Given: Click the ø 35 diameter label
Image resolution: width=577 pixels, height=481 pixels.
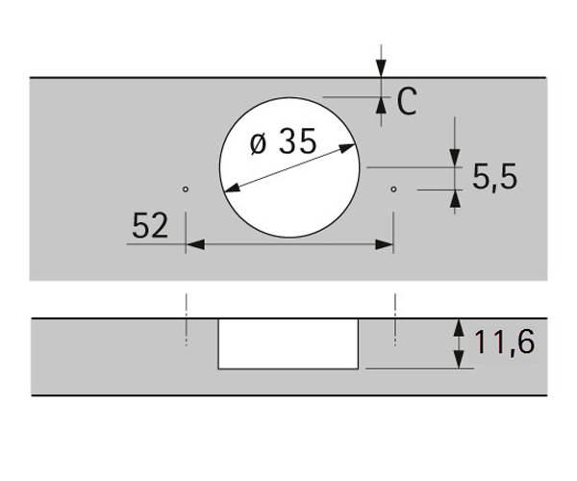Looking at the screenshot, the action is coord(283,141).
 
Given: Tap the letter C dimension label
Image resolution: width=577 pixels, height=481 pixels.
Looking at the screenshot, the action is coord(407,101).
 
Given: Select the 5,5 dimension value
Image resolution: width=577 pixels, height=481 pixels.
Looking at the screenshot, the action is coord(495,177).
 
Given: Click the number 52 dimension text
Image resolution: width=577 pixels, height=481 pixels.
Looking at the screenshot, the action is coord(150,226).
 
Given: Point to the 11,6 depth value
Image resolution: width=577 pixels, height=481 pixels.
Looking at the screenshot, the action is coord(505,342).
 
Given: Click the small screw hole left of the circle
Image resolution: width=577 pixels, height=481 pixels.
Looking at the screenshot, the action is coord(186,190).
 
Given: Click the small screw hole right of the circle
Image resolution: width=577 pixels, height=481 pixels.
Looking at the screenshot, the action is coord(393,190).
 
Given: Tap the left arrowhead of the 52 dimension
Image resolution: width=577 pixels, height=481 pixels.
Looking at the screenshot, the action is coord(195,244).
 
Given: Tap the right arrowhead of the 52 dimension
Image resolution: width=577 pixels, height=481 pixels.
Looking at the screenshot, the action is coord(384,244).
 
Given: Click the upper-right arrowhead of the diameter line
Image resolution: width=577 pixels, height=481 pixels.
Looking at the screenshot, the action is coord(347,148).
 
